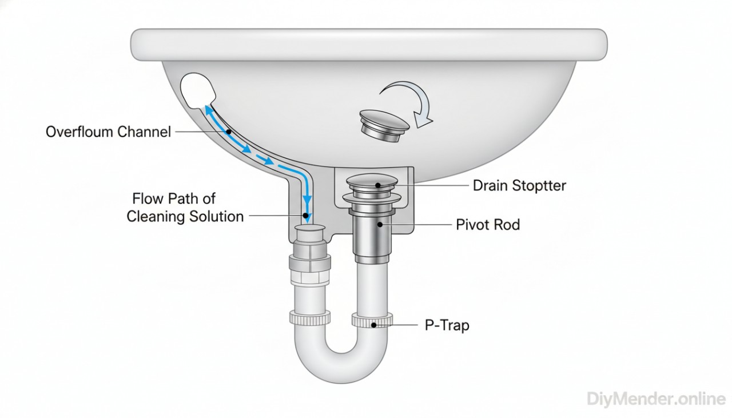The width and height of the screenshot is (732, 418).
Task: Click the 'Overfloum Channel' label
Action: coord(108,132)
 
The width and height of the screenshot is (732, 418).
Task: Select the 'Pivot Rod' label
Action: coord(488,225)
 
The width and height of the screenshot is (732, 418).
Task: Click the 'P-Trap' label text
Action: coord(447,325)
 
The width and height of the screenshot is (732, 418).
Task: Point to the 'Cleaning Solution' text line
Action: coord(185,217)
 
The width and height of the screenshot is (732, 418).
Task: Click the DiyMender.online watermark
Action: coord(657,399)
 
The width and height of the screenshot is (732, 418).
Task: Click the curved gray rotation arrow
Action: coord(407,100)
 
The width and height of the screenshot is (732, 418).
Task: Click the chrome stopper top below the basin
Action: coord(372,182)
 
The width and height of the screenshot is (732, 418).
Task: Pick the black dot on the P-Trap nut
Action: coord(373,325)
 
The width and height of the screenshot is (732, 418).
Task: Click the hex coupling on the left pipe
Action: coord(308,262)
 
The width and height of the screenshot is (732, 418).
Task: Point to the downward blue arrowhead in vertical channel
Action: coord(307,217)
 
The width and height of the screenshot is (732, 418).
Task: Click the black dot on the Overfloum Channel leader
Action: coord(228,132)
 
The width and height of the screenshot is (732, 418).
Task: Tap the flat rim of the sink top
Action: coord(369,44)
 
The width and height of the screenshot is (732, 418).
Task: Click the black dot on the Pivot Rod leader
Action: coord(379,225)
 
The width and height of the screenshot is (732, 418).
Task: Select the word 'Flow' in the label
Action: coord(149,199)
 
